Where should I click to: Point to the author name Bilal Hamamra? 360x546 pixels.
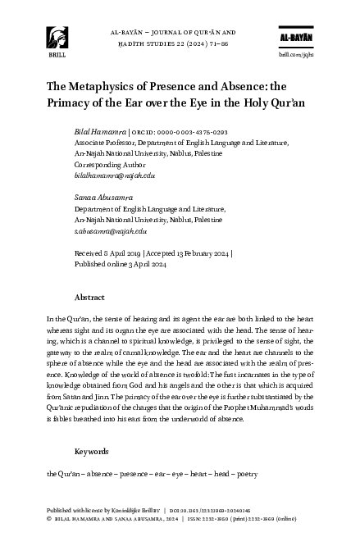100,132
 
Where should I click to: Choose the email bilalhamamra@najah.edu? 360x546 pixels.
115,175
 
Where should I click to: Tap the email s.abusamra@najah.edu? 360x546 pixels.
111,232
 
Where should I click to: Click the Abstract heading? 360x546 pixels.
89,297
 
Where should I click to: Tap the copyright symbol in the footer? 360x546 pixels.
50,518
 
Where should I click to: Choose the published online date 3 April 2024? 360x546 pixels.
144,265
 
